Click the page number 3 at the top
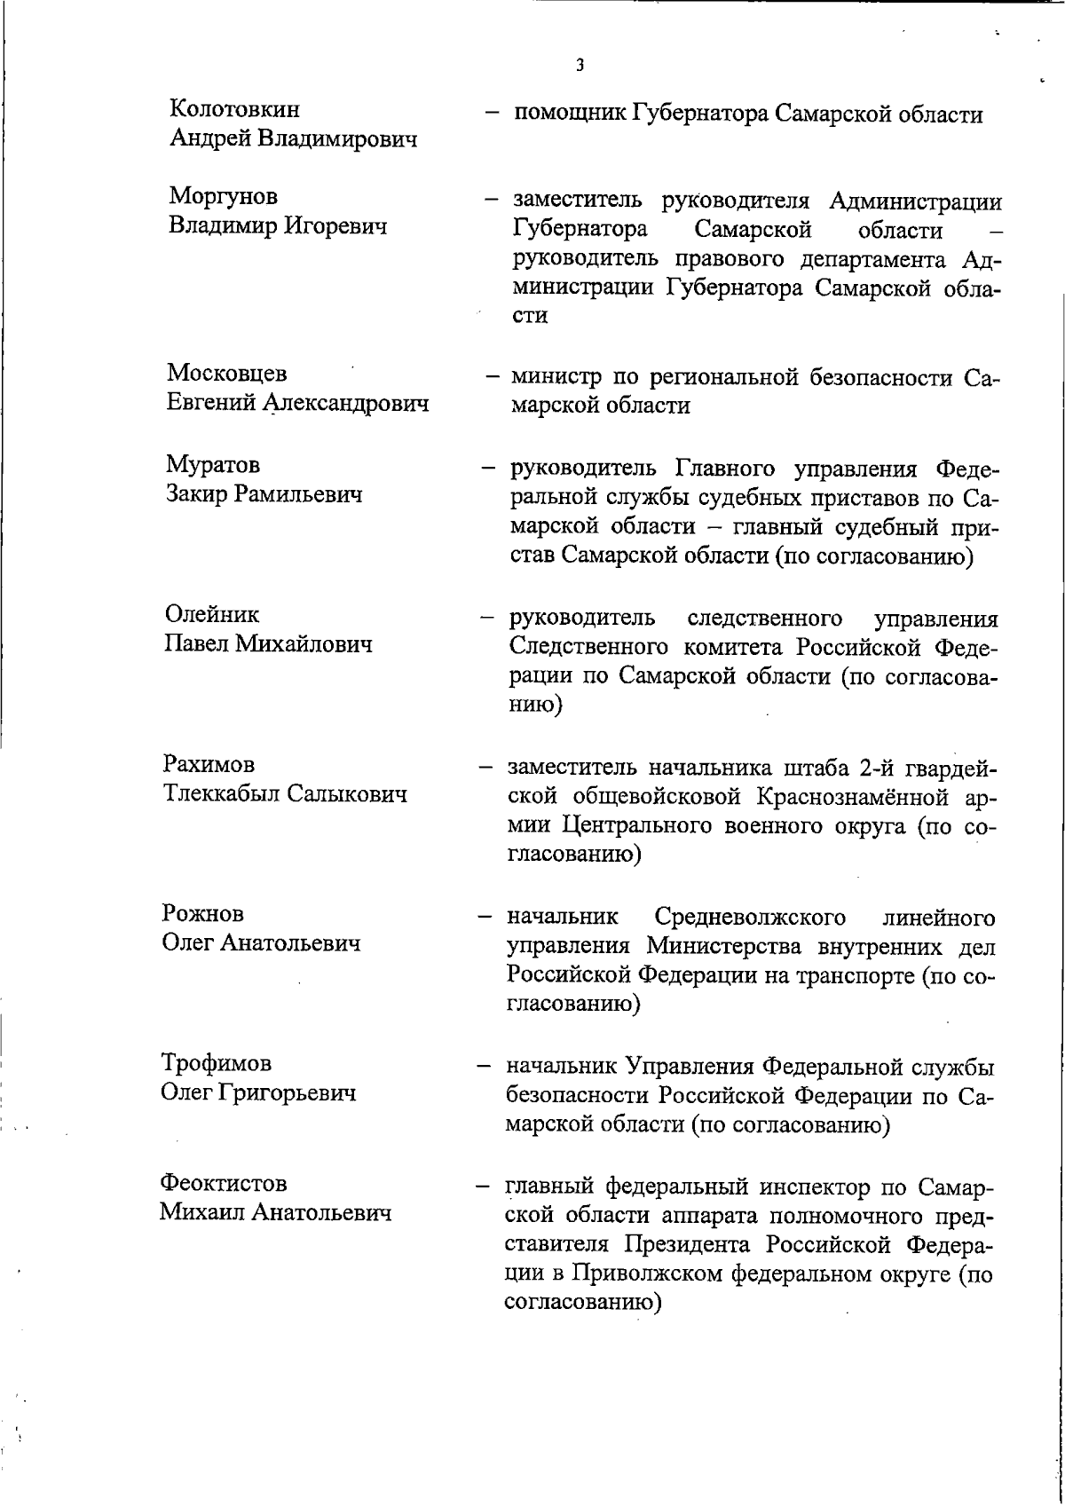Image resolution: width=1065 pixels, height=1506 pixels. pos(580,65)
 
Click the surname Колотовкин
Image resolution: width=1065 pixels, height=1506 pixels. pos(234,110)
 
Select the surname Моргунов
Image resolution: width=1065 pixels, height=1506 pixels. pos(223,196)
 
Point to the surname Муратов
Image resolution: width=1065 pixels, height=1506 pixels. pos(212,464)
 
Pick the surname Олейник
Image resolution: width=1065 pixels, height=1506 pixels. pos(212,614)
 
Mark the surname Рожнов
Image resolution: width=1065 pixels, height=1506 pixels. pos(203,913)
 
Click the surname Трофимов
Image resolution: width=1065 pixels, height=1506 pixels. pos(216,1062)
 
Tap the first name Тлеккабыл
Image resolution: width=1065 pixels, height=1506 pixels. pos(219,793)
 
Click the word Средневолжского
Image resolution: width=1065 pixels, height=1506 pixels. pos(749,917)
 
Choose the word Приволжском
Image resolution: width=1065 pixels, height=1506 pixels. pos(645,1274)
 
